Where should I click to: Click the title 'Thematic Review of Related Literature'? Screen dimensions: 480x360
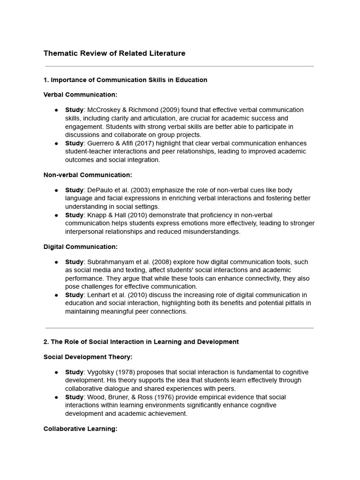(x=114, y=53)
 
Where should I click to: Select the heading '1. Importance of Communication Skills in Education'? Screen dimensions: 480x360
(x=125, y=80)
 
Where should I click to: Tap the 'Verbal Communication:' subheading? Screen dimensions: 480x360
(x=80, y=95)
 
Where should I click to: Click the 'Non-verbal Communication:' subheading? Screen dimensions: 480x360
(x=88, y=175)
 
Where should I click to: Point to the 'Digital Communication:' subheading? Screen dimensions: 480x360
(x=81, y=247)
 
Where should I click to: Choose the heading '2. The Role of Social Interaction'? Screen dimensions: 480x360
(x=141, y=342)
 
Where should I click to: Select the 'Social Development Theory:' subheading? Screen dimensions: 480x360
(x=88, y=357)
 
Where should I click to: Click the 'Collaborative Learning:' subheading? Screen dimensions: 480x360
(x=80, y=429)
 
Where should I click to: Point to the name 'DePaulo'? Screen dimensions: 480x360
(x=100, y=190)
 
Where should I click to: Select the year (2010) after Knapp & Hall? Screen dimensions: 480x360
(x=136, y=215)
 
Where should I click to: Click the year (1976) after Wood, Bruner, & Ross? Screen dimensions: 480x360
(x=158, y=397)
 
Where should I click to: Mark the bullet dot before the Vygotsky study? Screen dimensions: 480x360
(x=56, y=372)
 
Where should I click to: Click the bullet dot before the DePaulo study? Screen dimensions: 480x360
(x=56, y=190)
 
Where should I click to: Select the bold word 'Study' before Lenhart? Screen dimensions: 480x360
(x=74, y=295)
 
